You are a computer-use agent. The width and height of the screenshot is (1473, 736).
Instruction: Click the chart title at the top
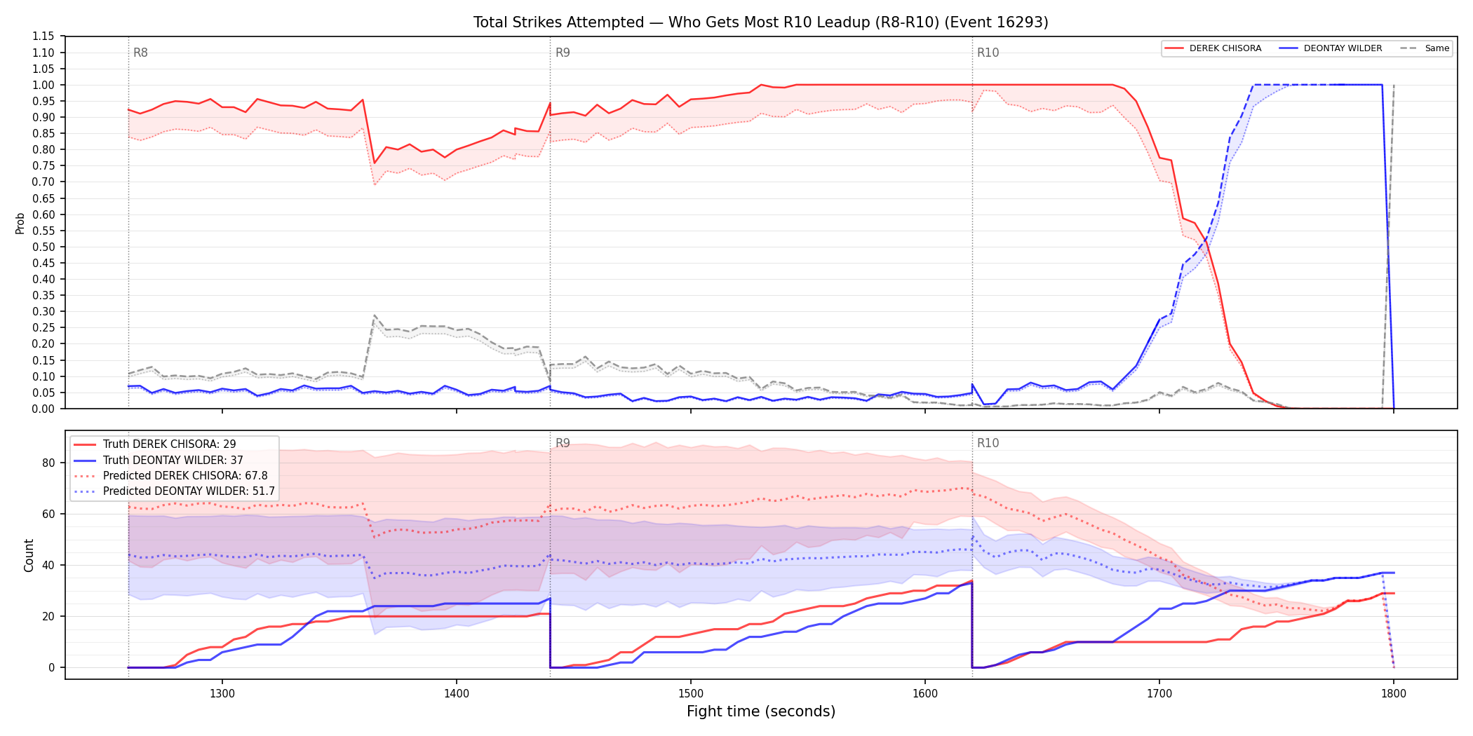tap(761, 22)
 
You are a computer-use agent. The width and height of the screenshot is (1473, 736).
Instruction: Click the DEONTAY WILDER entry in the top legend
tap(1331, 48)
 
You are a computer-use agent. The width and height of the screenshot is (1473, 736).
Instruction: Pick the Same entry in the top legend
tap(1425, 48)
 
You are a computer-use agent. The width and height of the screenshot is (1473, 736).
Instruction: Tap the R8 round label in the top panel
tap(140, 53)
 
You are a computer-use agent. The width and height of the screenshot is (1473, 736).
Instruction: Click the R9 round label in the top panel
tap(563, 53)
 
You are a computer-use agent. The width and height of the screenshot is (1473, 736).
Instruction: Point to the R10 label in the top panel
tap(988, 53)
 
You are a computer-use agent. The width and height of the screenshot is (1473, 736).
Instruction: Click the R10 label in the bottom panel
tap(988, 443)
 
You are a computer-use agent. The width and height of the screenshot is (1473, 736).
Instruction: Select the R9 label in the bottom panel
tap(563, 443)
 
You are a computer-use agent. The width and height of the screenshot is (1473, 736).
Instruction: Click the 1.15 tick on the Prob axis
tap(43, 36)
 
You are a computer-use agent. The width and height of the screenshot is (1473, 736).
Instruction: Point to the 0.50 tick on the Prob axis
tap(43, 247)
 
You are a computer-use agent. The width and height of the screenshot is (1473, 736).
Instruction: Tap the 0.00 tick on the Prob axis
tap(43, 409)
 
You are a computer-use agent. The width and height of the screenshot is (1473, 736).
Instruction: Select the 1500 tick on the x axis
tap(691, 694)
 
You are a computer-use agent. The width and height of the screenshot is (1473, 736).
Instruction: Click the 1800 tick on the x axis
tap(1394, 694)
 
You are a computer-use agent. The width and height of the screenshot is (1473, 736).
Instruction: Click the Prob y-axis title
tap(20, 223)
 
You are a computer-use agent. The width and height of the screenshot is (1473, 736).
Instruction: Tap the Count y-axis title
tap(29, 555)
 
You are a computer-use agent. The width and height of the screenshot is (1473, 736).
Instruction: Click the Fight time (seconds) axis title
tap(761, 711)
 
